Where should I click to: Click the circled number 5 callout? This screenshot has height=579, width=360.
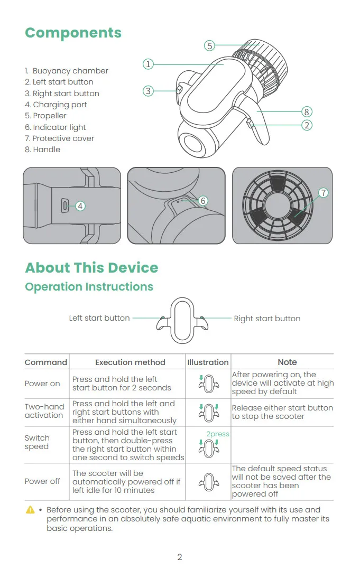(x=210, y=46)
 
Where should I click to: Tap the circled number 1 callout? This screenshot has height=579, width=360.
(x=148, y=64)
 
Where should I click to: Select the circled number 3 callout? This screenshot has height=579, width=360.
(x=148, y=91)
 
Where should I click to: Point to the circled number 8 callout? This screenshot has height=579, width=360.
(x=307, y=111)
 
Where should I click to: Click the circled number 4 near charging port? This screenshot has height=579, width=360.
(x=80, y=206)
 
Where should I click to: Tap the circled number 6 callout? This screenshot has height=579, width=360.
(x=204, y=201)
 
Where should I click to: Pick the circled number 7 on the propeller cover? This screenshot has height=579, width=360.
(x=324, y=193)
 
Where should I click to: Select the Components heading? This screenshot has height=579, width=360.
(x=73, y=33)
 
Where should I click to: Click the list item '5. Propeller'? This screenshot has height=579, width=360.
(x=46, y=116)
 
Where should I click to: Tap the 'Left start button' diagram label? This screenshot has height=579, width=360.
(x=99, y=318)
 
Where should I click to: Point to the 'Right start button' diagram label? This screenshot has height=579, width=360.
(x=267, y=319)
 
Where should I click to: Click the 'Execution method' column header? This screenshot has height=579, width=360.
(x=130, y=362)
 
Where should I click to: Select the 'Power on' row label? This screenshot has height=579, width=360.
(x=42, y=384)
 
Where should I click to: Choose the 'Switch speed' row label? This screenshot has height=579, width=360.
(x=37, y=442)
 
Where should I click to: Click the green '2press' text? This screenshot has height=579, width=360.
(x=217, y=434)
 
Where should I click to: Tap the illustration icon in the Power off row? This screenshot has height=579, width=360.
(x=208, y=482)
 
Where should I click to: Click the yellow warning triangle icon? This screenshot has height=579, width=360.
(x=30, y=510)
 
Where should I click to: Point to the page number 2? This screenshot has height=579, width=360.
(x=180, y=557)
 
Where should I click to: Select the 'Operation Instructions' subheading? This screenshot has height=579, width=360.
(x=89, y=287)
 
